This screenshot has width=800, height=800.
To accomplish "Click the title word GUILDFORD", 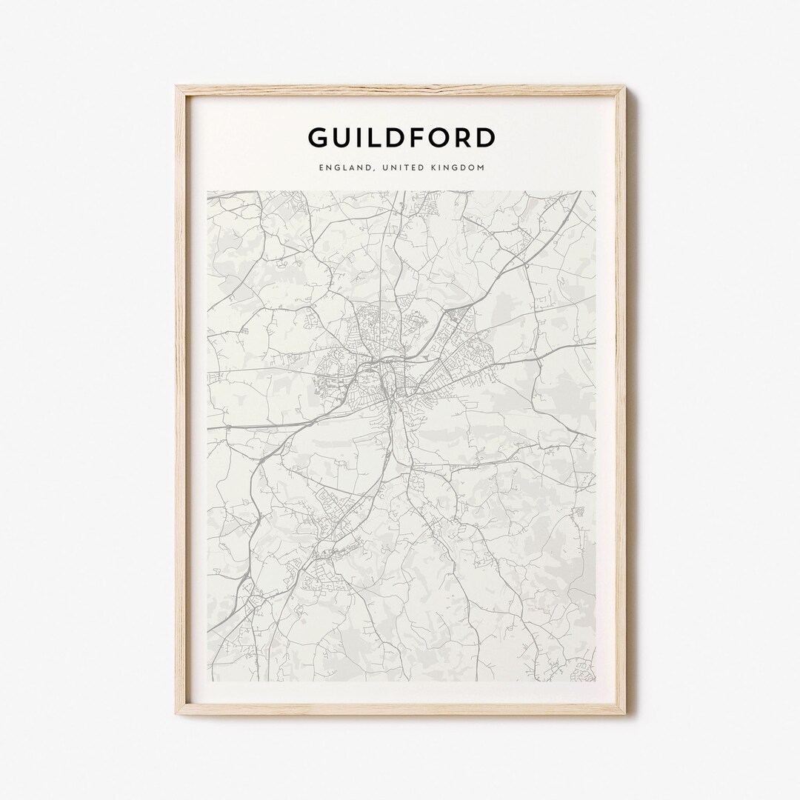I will pos(401,138).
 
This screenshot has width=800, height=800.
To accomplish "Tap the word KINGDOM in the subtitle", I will pos(460,168).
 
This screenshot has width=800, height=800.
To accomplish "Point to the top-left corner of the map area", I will pos(208,192).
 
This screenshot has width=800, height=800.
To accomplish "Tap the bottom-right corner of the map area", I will pos(595,680).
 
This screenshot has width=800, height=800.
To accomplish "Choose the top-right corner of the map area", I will pos(595,192).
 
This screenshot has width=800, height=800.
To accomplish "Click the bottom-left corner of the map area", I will pos(208,680).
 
